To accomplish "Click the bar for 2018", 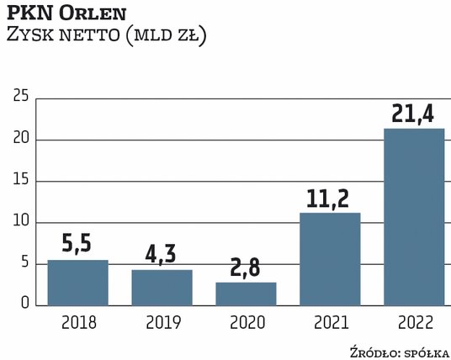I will (x=77, y=283).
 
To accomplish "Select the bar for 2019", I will (x=162, y=288).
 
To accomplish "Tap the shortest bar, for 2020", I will (x=246, y=294).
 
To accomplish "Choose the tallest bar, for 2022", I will (x=414, y=217).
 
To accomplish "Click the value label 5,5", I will (x=77, y=244).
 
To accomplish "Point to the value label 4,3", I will (x=162, y=254).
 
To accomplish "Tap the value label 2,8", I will (x=246, y=267).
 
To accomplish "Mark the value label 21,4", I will (x=414, y=112).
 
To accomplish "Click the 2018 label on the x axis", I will (x=77, y=321).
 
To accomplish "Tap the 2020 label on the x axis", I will (x=246, y=321).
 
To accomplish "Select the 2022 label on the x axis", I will (x=414, y=321).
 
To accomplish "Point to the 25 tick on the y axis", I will (x=22, y=98).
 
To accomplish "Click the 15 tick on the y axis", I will (x=22, y=181).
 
